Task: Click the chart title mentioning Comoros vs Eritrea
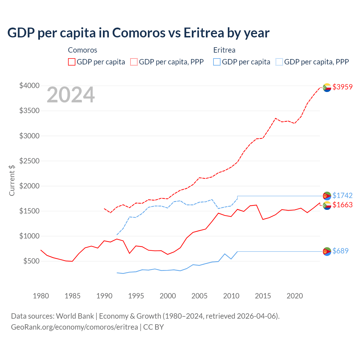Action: pos(138,33)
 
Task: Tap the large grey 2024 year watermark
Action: pos(71,95)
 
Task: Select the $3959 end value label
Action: pos(342,87)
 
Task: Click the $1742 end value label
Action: pos(342,195)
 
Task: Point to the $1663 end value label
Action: pos(342,205)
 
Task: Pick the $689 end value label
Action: pos(340,251)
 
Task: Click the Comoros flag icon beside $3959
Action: pos(327,87)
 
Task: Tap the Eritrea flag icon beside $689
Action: pos(327,251)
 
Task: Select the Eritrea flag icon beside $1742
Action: pos(327,196)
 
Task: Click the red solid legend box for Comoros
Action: pos(72,62)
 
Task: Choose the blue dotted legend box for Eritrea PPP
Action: pos(279,62)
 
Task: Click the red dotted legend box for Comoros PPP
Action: pos(134,62)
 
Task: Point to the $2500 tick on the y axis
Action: pos(29,161)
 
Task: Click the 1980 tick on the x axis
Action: pos(41,296)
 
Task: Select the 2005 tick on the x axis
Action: pos(199,296)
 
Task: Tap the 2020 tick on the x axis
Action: pos(294,296)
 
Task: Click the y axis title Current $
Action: pos(12,181)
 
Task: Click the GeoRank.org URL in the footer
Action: pos(75,327)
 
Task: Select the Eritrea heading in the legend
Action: pos(224,50)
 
